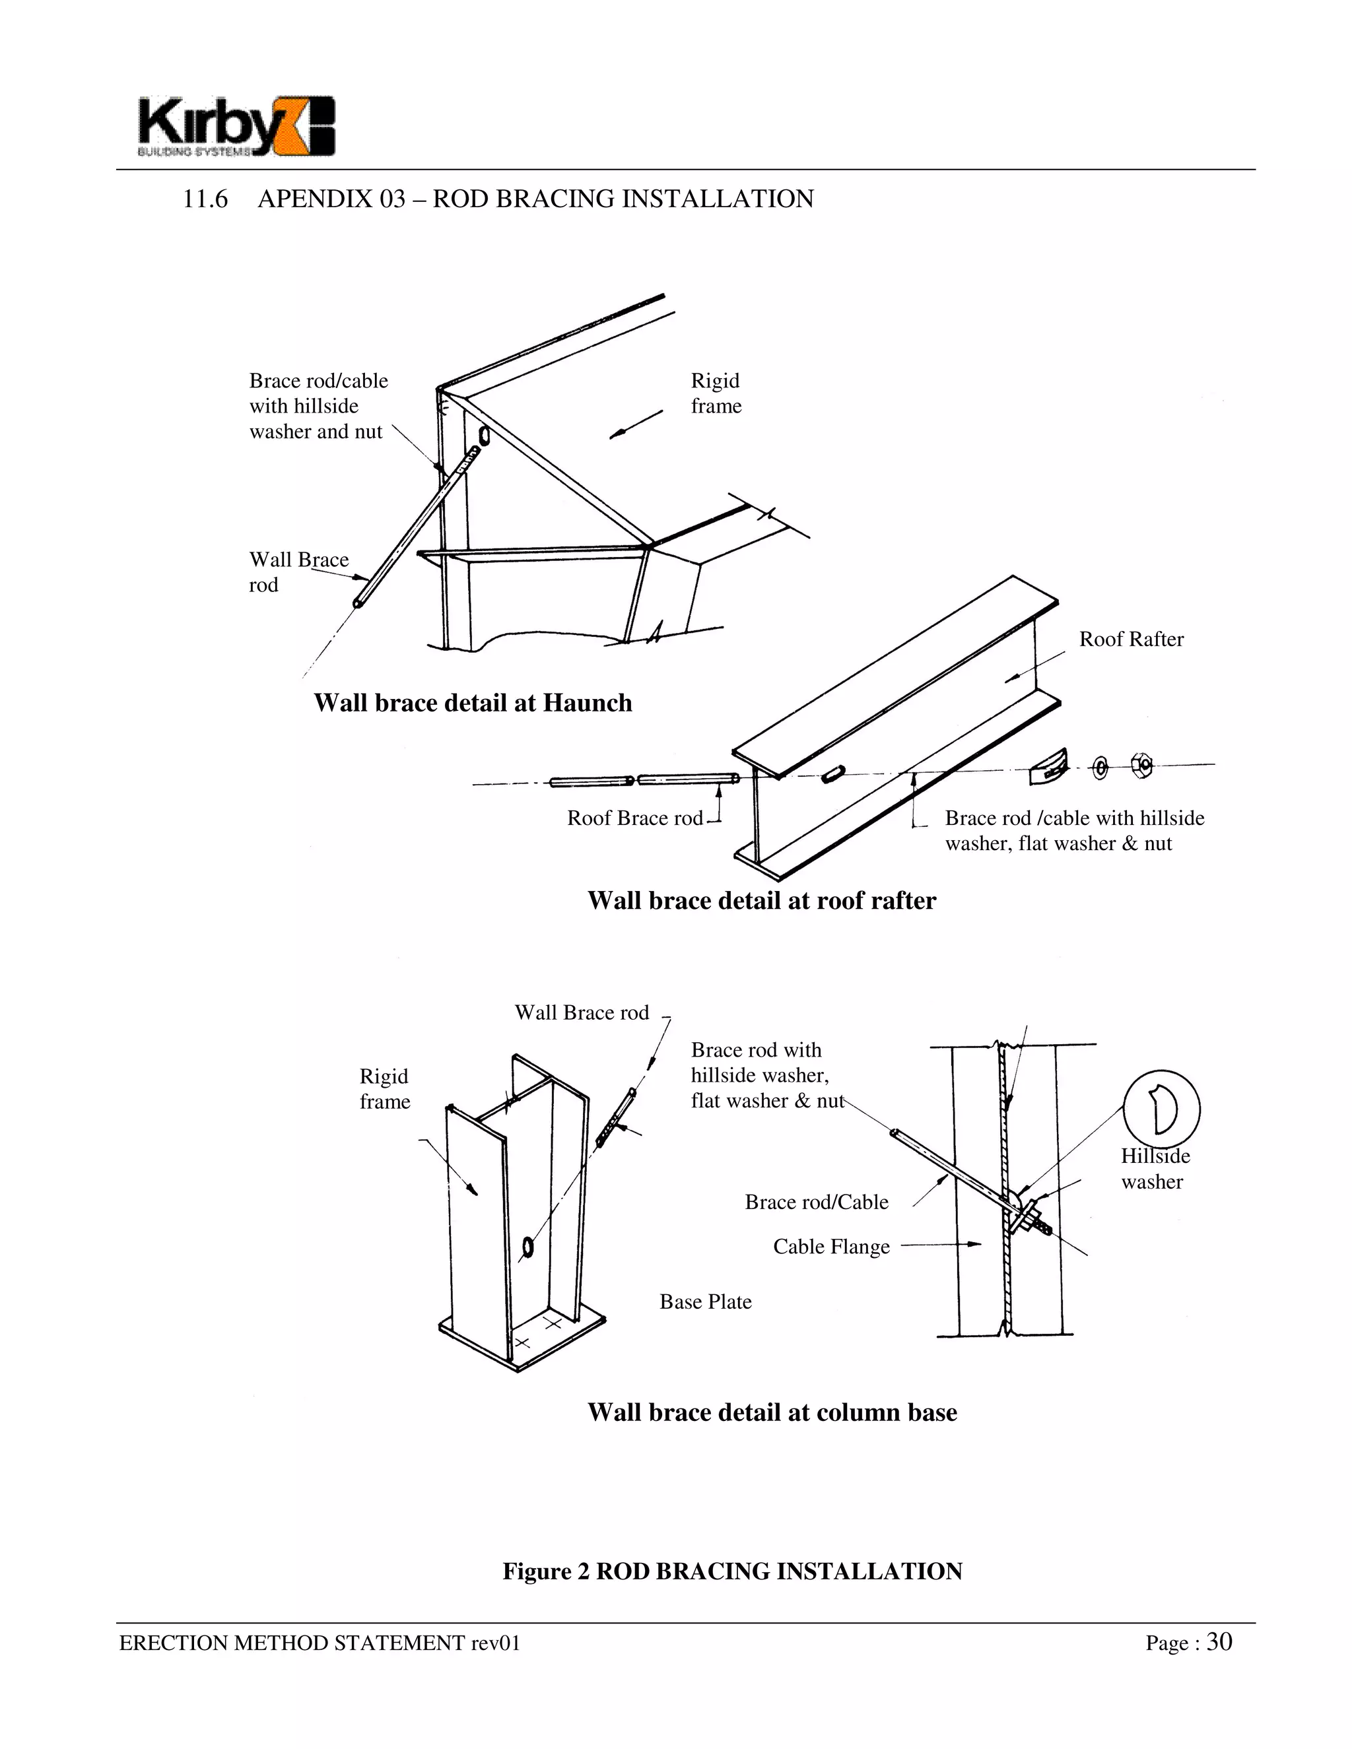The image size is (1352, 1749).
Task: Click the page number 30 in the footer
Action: pos(1219,1641)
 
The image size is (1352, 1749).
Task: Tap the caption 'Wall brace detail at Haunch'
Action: pos(473,703)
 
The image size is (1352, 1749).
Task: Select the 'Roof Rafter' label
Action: pos(1130,639)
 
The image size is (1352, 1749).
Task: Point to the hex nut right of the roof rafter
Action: pos(1141,765)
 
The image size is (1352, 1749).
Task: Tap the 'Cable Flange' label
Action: pos(830,1247)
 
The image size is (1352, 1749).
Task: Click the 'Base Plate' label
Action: pos(705,1302)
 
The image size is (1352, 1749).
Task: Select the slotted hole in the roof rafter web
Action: pos(833,773)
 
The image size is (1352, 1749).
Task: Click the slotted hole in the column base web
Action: pos(527,1246)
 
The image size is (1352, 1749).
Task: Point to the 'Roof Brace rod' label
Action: pos(634,818)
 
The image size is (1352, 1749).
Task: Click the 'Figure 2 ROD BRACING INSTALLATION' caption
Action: pos(732,1571)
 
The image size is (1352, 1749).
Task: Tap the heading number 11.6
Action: pos(205,199)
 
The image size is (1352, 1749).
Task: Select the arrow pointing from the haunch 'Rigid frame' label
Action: pos(637,424)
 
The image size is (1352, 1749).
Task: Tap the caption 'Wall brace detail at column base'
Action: pos(772,1412)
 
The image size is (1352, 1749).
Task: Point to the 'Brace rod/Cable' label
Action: pos(816,1202)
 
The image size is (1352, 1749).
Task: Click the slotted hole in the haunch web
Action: pos(484,434)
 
